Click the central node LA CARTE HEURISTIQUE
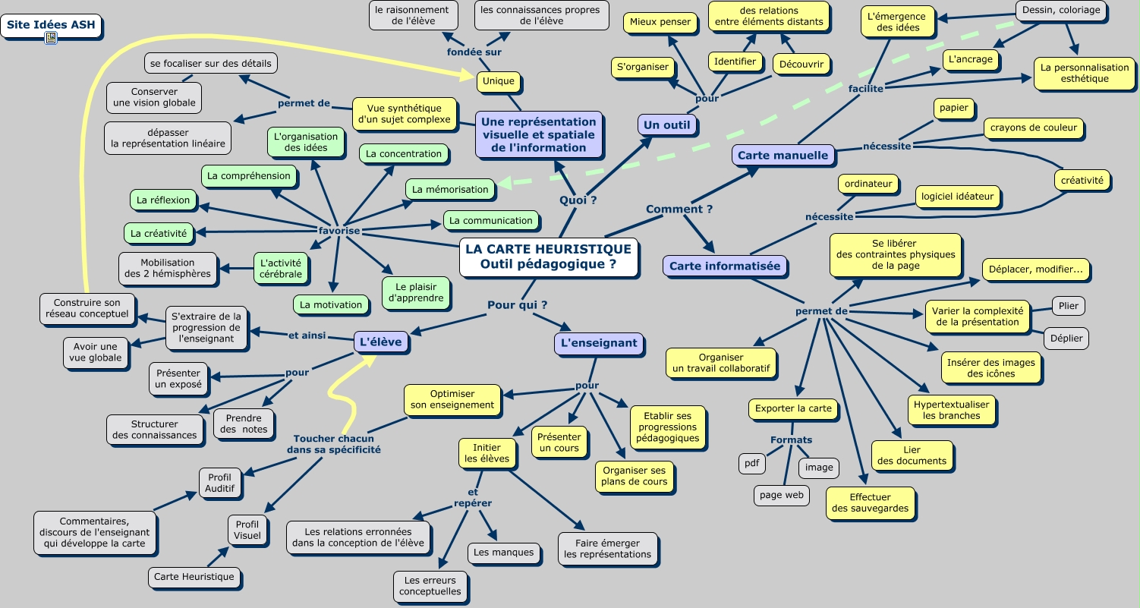[x=548, y=257]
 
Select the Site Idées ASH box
[x=52, y=24]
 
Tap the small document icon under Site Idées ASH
[x=51, y=39]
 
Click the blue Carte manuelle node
[x=783, y=156]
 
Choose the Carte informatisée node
[x=724, y=266]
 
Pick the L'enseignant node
[x=598, y=342]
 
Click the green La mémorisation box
[x=450, y=189]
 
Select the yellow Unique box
[x=499, y=81]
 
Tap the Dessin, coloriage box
[x=1060, y=11]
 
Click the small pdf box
[x=751, y=463]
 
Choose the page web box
[x=781, y=495]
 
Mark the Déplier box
[x=1066, y=338]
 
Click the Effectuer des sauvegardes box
[x=870, y=502]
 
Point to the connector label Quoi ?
[x=578, y=200]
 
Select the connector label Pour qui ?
[x=517, y=305]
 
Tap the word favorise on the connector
[x=339, y=230]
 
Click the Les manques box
[x=503, y=553]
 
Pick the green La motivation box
[x=331, y=304]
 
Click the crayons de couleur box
[x=1033, y=128]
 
